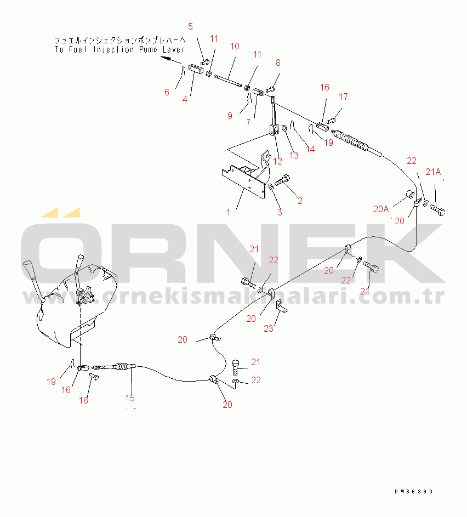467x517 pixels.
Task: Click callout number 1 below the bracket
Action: click(x=229, y=212)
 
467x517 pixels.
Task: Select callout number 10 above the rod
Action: click(x=235, y=46)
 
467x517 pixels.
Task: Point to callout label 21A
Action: click(x=433, y=172)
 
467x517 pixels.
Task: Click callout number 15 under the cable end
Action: click(x=130, y=398)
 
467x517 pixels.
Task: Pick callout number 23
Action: click(x=268, y=328)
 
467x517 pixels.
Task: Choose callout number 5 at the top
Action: click(x=191, y=26)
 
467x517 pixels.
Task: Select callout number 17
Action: click(x=343, y=96)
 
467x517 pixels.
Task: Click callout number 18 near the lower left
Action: click(x=83, y=400)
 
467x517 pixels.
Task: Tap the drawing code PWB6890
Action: click(x=414, y=492)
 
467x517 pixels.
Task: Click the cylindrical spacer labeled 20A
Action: click(x=409, y=195)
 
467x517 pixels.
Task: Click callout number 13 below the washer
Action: click(x=294, y=155)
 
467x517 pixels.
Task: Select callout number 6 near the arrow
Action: click(x=167, y=92)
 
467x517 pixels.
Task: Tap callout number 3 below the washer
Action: click(x=279, y=212)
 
